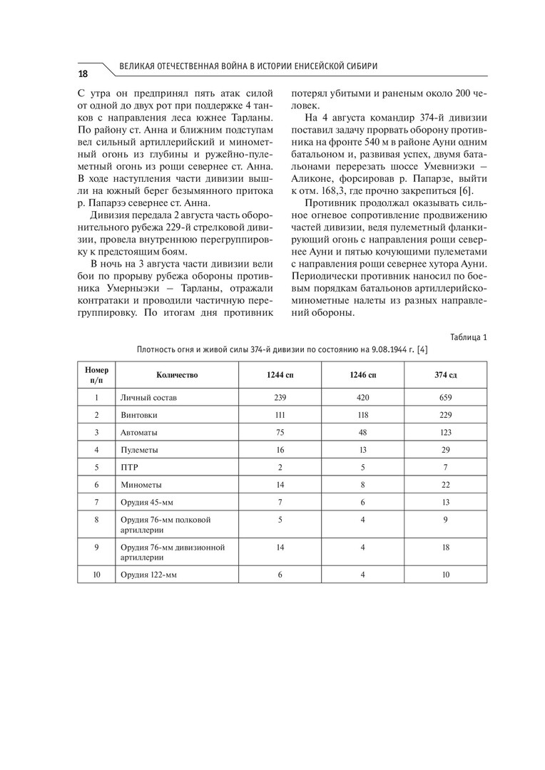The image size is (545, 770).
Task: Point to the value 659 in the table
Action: pos(446,396)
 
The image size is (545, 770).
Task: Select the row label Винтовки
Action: pos(139,414)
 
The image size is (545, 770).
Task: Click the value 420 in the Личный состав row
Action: pos(363,396)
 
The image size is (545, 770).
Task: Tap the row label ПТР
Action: pos(129,468)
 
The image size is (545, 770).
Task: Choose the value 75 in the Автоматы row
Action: pos(280,432)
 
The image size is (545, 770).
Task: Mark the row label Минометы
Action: pos(141,486)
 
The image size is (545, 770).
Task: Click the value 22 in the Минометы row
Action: pos(446,486)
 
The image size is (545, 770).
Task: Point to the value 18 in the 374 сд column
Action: pos(446,548)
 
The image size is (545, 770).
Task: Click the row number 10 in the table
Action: pos(96,574)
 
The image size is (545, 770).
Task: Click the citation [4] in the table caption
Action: pos(422,349)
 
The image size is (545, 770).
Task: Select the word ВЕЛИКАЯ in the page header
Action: pos(137,66)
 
